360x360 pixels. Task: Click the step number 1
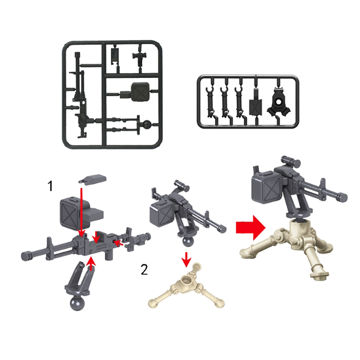pyautogui.click(x=50, y=186)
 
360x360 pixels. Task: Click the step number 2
pyautogui.click(x=144, y=270)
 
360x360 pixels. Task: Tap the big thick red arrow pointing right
pyautogui.click(x=251, y=227)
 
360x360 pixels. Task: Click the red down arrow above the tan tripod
pyautogui.click(x=186, y=259)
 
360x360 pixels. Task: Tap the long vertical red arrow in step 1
pyautogui.click(x=81, y=211)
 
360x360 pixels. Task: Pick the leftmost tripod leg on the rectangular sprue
pyautogui.click(x=211, y=102)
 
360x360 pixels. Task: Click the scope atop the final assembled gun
pyautogui.click(x=291, y=161)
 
